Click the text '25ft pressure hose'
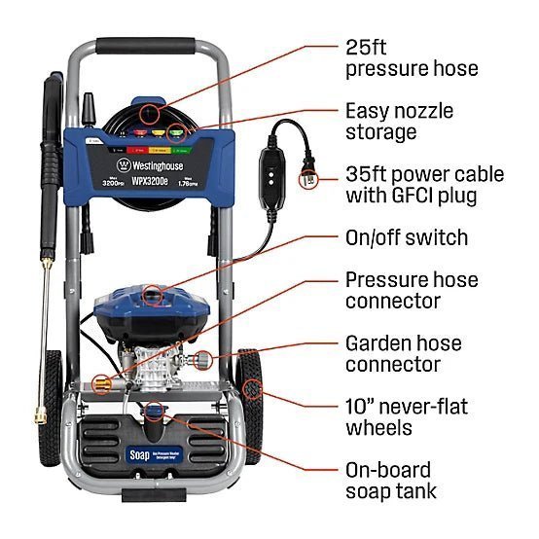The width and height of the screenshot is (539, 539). [412, 56]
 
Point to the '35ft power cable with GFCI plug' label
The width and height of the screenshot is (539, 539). [425, 185]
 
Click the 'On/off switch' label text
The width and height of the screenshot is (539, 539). [407, 237]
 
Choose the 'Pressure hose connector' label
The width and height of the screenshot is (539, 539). [412, 290]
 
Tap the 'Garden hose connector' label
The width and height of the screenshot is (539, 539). [404, 353]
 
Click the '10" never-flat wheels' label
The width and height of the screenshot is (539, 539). [407, 416]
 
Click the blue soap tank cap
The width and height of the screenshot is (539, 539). [153, 413]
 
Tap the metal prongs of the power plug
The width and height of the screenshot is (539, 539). [309, 179]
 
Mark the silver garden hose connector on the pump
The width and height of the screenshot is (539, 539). [206, 362]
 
